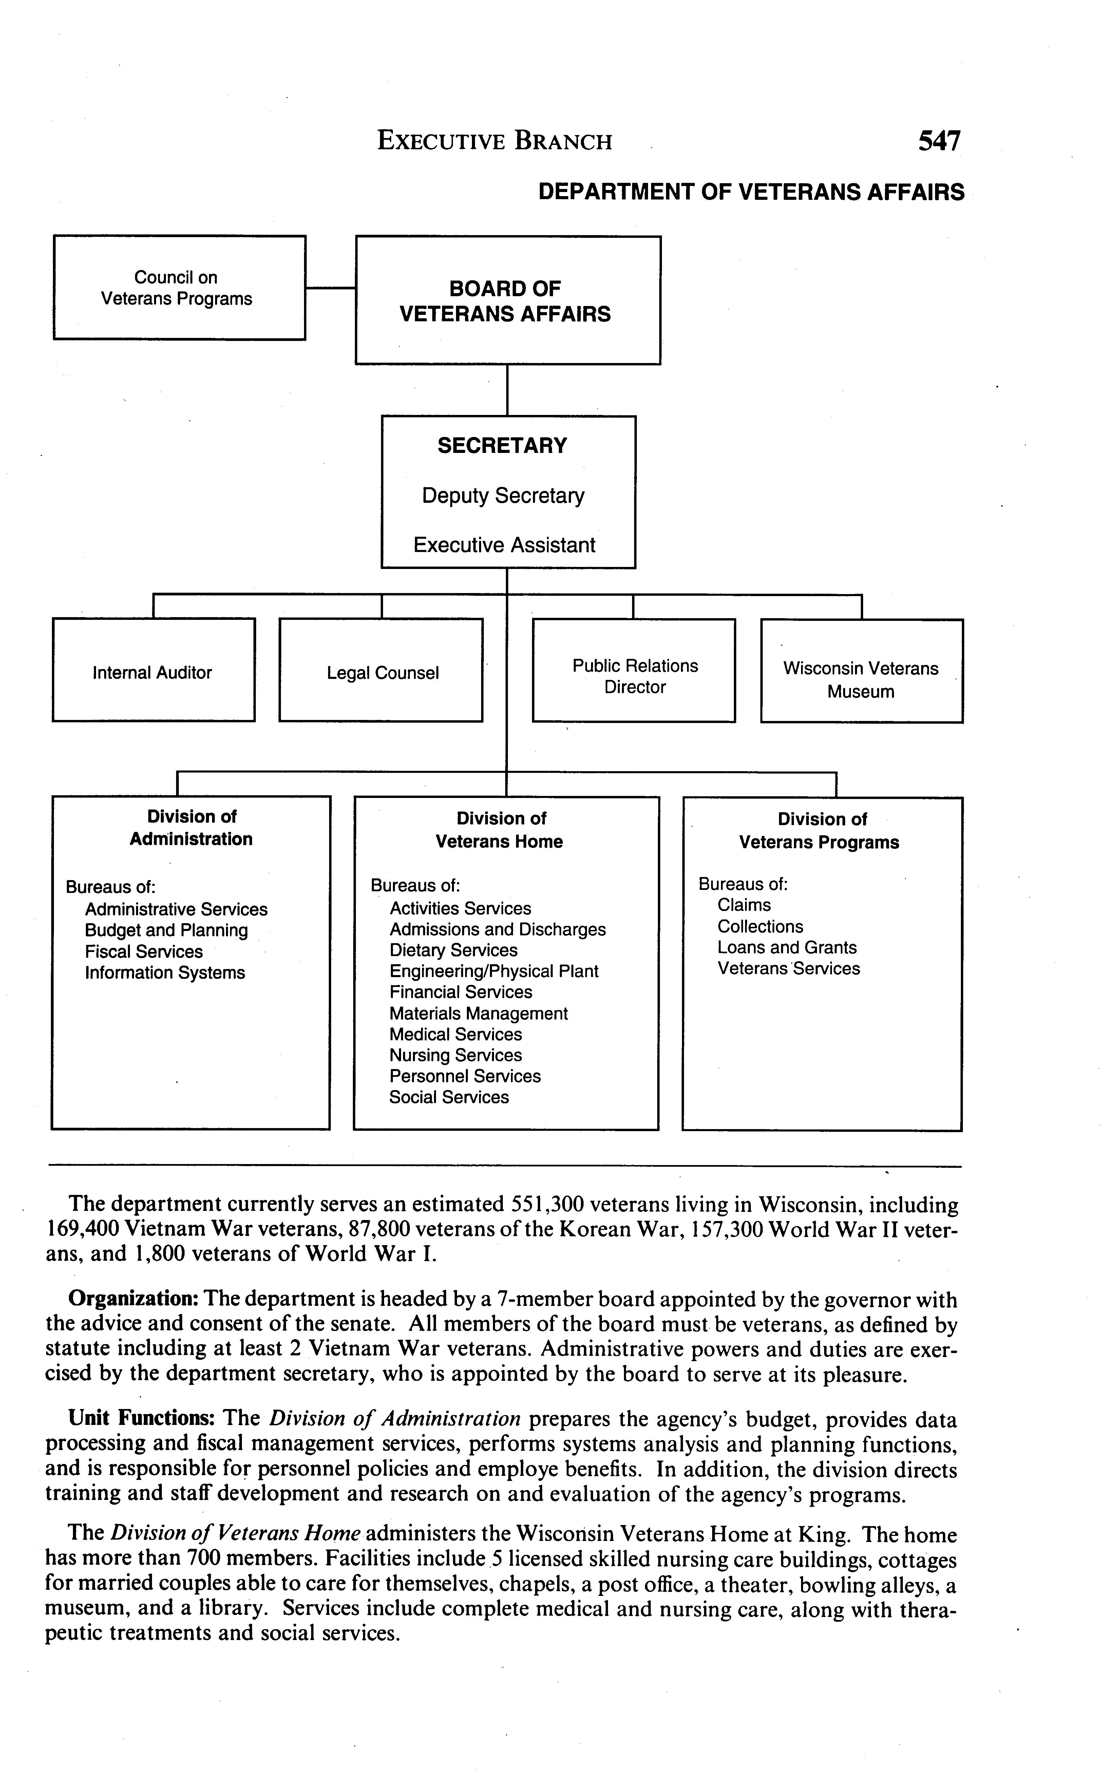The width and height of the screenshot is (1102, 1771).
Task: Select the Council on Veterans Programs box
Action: pyautogui.click(x=179, y=288)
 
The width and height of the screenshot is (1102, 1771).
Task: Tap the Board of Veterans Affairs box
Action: pyautogui.click(x=507, y=300)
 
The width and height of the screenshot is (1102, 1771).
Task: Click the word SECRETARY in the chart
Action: pyautogui.click(x=502, y=445)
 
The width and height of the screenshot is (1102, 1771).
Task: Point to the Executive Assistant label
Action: pyautogui.click(x=505, y=545)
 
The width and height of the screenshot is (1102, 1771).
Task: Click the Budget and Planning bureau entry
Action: pyautogui.click(x=166, y=931)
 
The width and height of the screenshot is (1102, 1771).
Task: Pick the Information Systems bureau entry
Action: pyautogui.click(x=165, y=973)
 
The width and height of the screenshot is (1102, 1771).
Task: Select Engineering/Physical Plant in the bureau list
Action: pyautogui.click(x=493, y=971)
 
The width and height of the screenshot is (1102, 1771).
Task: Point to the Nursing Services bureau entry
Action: pyautogui.click(x=456, y=1055)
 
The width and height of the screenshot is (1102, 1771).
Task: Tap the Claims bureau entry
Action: pyautogui.click(x=743, y=905)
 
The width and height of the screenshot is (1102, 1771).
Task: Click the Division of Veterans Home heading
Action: pyautogui.click(x=500, y=830)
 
